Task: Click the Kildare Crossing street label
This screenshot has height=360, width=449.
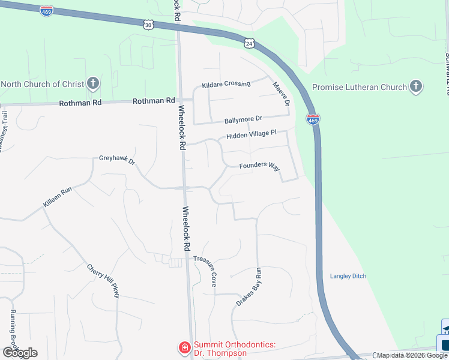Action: [226, 84]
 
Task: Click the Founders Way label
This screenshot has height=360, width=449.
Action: [259, 166]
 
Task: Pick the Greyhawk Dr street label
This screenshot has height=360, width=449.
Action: [118, 161]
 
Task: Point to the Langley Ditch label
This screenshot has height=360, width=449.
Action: [348, 276]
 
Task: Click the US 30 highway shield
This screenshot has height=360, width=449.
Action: [149, 25]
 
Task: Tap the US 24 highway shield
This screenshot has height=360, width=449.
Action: [249, 43]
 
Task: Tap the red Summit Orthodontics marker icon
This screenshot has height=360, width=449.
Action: [184, 347]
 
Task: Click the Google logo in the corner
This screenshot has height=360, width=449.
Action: [19, 353]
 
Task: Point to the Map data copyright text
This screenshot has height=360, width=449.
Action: [412, 356]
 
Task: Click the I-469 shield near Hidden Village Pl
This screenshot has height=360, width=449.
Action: [312, 119]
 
